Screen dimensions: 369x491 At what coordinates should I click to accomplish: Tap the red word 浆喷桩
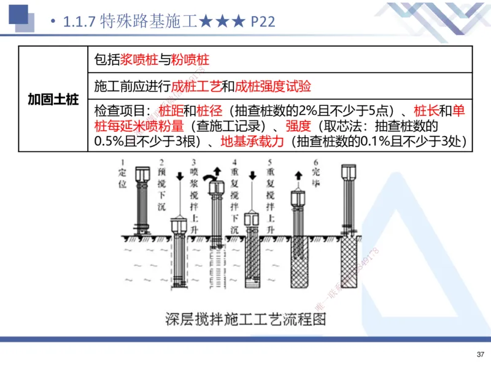[134, 60]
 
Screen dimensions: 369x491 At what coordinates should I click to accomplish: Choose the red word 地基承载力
[253, 141]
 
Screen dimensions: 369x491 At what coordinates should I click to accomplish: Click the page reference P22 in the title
[261, 22]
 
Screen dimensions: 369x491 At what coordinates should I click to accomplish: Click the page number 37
[480, 354]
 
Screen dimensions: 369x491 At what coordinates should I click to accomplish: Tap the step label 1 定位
[123, 174]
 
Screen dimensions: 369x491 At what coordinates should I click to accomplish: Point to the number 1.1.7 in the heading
[79, 22]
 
